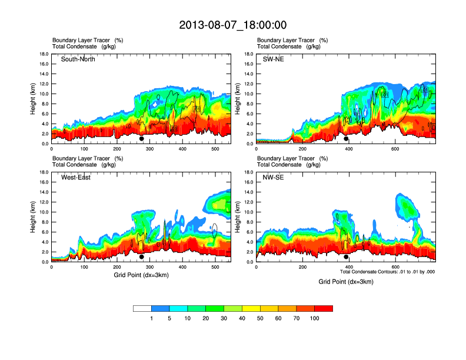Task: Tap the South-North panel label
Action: [x=78, y=59]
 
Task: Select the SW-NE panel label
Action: [x=273, y=59]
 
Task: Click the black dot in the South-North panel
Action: [x=142, y=139]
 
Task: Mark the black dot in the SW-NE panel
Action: [x=346, y=139]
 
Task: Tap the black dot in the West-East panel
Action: [x=142, y=257]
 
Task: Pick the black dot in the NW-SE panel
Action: [x=346, y=257]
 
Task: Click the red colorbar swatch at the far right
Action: [x=324, y=308]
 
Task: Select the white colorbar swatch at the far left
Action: [x=142, y=308]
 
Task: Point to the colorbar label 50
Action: [x=260, y=318]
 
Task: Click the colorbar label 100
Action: [x=314, y=318]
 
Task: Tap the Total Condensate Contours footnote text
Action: [x=387, y=272]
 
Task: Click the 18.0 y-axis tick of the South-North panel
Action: [x=44, y=54]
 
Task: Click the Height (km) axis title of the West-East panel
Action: [x=34, y=216]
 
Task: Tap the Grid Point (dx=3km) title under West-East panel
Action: [x=141, y=275]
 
